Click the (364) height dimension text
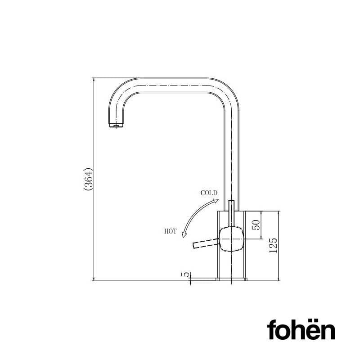[x=88, y=180]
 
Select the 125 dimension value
[x=273, y=245]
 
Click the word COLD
[x=209, y=193]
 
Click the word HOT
[x=171, y=231]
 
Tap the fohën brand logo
[x=301, y=330]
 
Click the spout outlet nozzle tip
[x=116, y=126]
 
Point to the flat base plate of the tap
[x=231, y=279]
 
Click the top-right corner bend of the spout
[x=229, y=90]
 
